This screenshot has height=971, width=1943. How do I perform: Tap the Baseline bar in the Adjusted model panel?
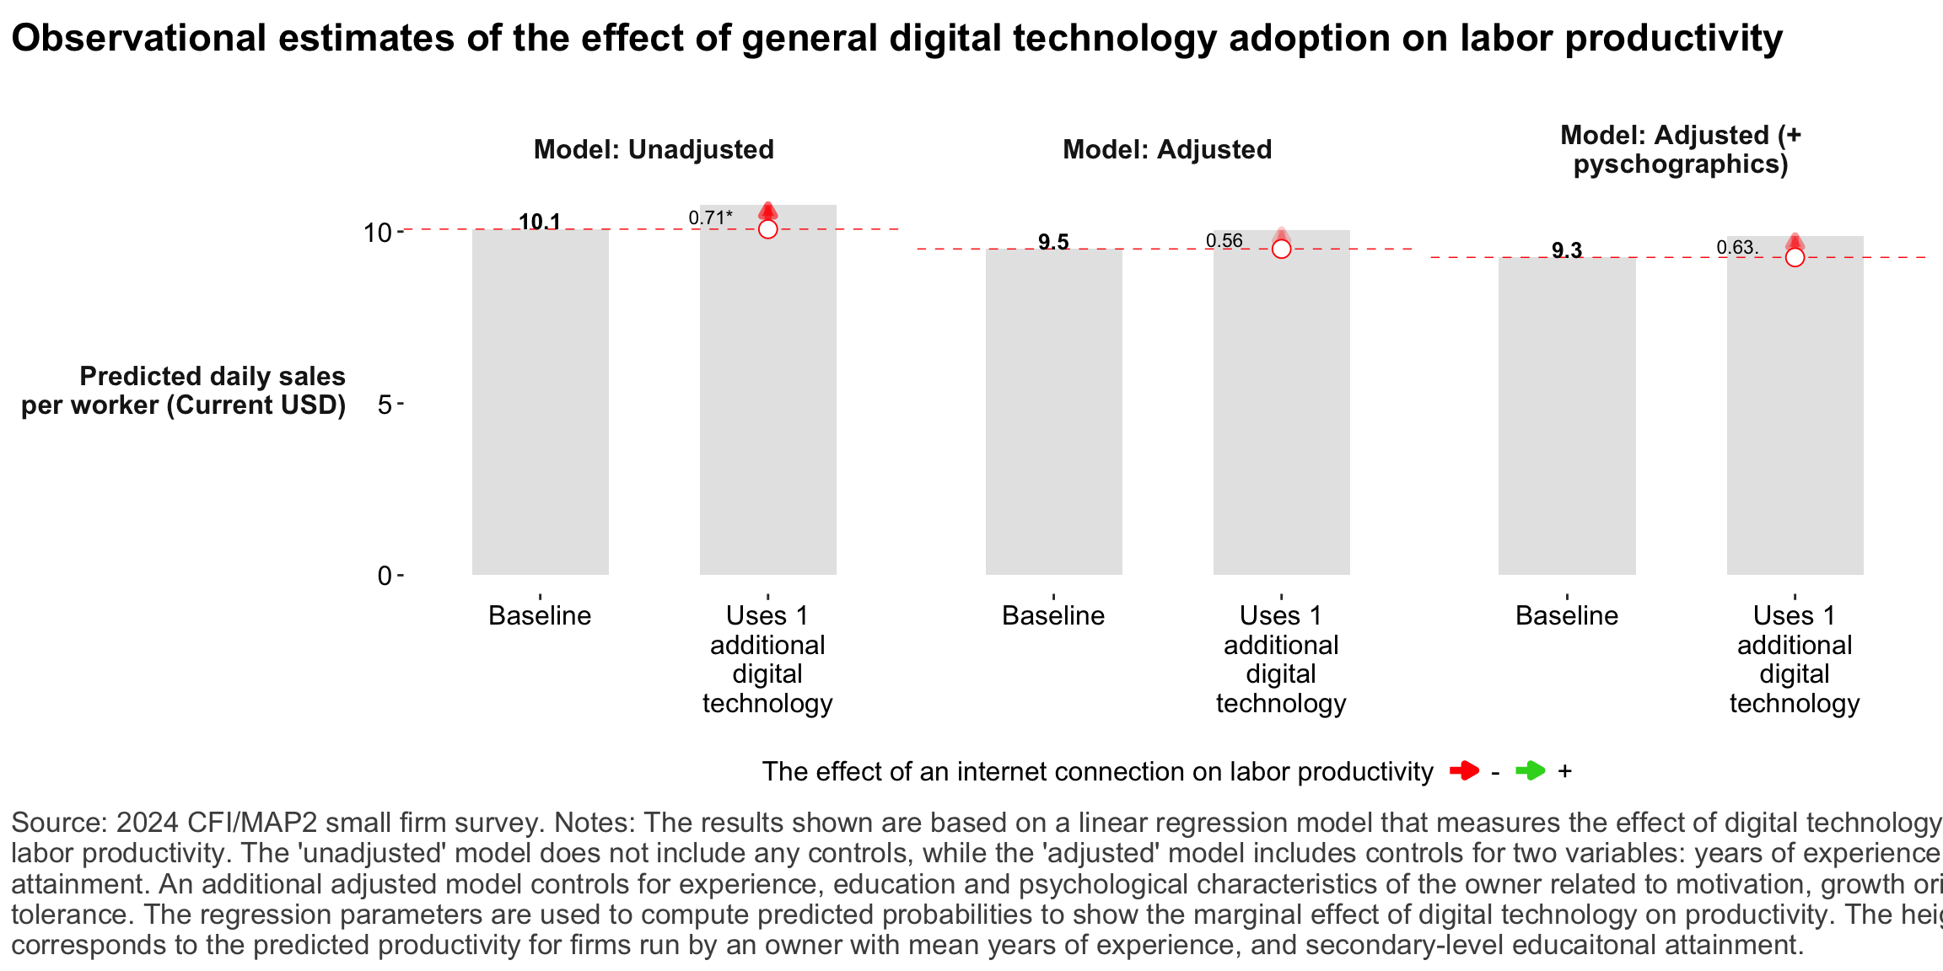[1053, 413]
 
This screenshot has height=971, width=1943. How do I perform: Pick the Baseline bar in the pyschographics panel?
[1567, 416]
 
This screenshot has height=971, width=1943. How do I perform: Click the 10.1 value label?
[540, 222]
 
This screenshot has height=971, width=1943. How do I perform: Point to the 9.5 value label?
[1053, 242]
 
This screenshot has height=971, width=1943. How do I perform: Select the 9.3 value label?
[1567, 249]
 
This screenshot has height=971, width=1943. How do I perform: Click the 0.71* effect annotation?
[710, 217]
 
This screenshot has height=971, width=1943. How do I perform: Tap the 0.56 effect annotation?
[1224, 240]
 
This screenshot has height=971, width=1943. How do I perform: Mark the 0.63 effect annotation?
[1736, 248]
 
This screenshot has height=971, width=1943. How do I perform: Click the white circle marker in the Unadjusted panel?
[767, 229]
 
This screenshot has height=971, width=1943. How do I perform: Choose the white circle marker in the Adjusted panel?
[1281, 249]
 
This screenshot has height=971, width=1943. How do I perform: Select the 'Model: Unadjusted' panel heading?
[654, 149]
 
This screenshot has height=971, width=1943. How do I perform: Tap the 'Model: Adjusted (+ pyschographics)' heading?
[1681, 149]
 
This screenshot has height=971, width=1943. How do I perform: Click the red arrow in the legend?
[1464, 770]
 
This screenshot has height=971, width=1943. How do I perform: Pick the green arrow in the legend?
[1530, 770]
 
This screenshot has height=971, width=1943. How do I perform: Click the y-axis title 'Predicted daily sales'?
[213, 376]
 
